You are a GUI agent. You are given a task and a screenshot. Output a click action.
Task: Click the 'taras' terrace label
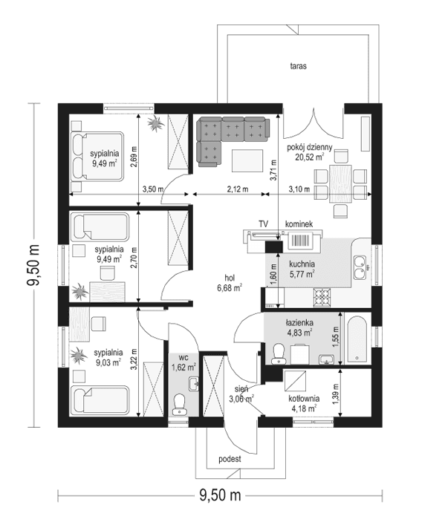299,66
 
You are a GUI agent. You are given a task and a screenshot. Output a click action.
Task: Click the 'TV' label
263,223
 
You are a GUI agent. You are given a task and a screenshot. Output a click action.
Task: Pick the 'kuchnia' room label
303,264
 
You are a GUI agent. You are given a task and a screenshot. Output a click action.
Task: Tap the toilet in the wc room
178,405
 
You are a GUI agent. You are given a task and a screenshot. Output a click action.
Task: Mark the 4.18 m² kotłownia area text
303,407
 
